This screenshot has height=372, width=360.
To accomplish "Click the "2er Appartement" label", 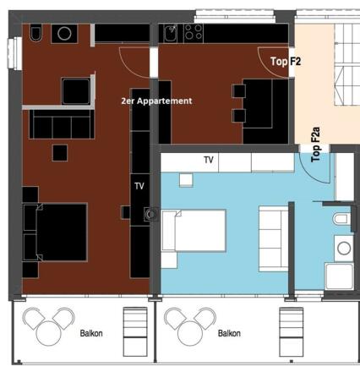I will [156, 101].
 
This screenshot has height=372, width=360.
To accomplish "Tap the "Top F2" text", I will [286, 61].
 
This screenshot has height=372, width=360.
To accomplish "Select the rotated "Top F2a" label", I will [316, 144].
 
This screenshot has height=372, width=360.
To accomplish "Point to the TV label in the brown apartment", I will [139, 186].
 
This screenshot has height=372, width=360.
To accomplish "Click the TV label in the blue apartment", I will [208, 159].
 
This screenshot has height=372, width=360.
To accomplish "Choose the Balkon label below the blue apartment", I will [229, 334].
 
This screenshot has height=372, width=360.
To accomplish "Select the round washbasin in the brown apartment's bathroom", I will [63, 33].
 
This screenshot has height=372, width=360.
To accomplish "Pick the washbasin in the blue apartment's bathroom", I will [344, 249].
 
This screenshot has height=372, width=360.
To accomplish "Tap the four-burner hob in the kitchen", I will [194, 33].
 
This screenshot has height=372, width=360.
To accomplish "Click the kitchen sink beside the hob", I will [171, 33].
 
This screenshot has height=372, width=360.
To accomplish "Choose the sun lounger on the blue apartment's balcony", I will [290, 325].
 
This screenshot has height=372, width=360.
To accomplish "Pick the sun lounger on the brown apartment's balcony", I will [135, 325].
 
